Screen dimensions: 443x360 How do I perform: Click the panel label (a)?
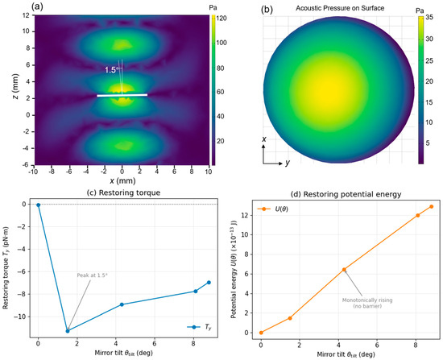click(x=37, y=6)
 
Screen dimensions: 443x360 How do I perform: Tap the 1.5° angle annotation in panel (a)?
click(x=111, y=70)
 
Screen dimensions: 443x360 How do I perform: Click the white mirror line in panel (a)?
click(x=122, y=95)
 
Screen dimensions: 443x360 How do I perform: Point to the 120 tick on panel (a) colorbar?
click(x=221, y=19)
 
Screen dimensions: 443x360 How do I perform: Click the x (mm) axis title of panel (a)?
click(x=122, y=180)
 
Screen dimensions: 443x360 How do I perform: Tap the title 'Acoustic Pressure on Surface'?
click(x=340, y=8)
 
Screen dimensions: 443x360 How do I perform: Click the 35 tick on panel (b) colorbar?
click(x=429, y=17)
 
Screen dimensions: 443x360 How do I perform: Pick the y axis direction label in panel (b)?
click(x=288, y=163)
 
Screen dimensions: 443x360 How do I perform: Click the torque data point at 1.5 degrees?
click(x=68, y=331)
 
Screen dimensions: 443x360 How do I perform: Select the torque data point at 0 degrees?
click(x=39, y=205)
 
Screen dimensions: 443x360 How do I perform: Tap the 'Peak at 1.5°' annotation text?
click(x=92, y=275)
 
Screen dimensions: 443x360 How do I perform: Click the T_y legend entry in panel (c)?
click(x=199, y=327)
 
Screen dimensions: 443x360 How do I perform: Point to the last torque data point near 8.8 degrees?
click(x=209, y=283)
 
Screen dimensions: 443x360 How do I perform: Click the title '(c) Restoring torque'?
click(x=123, y=192)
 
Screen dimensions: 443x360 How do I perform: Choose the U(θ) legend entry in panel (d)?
click(x=272, y=209)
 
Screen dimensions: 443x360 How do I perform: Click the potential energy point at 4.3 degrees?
click(x=344, y=270)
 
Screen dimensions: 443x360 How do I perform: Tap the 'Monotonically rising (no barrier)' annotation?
click(x=367, y=303)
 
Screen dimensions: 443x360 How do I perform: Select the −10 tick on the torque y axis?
click(x=23, y=317)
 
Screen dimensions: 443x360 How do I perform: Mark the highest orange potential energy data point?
click(x=432, y=206)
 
